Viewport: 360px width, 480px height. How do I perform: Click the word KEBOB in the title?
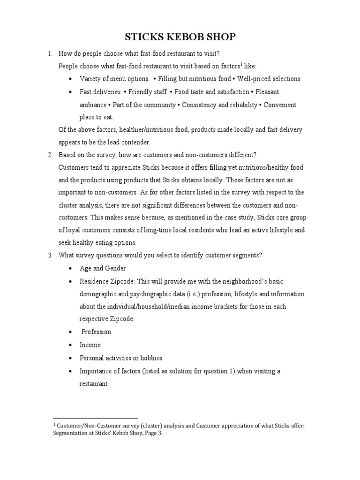coord(180,37)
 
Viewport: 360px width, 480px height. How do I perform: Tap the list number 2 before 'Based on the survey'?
coord(49,155)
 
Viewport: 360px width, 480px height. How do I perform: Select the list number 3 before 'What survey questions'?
coord(49,255)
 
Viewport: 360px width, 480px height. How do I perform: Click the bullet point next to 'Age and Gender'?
coord(70,269)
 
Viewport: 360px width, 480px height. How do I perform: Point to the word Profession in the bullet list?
coord(96,332)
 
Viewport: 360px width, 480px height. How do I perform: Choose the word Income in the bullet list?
coord(90,345)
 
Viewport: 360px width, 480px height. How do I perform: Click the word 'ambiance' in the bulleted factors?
coord(93,105)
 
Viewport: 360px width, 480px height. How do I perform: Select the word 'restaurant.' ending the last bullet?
coord(94,384)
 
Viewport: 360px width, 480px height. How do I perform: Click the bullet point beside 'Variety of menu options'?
coord(70,79)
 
